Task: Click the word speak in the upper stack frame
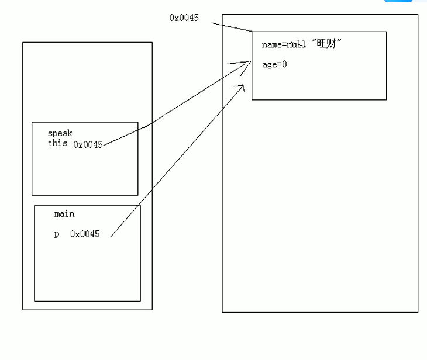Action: click(x=60, y=133)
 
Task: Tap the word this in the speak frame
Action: click(x=57, y=143)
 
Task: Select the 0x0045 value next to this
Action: click(x=88, y=144)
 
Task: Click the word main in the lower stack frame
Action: click(x=64, y=214)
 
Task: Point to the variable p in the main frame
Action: click(x=57, y=234)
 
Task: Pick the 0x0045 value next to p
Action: click(x=85, y=234)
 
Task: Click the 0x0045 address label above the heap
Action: click(x=184, y=18)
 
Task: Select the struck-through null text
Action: click(x=296, y=45)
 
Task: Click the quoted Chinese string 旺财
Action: click(x=326, y=44)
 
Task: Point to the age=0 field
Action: click(x=274, y=64)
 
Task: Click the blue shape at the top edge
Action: click(x=398, y=1)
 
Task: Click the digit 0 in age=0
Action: click(x=284, y=64)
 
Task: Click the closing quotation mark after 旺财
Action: click(x=339, y=42)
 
